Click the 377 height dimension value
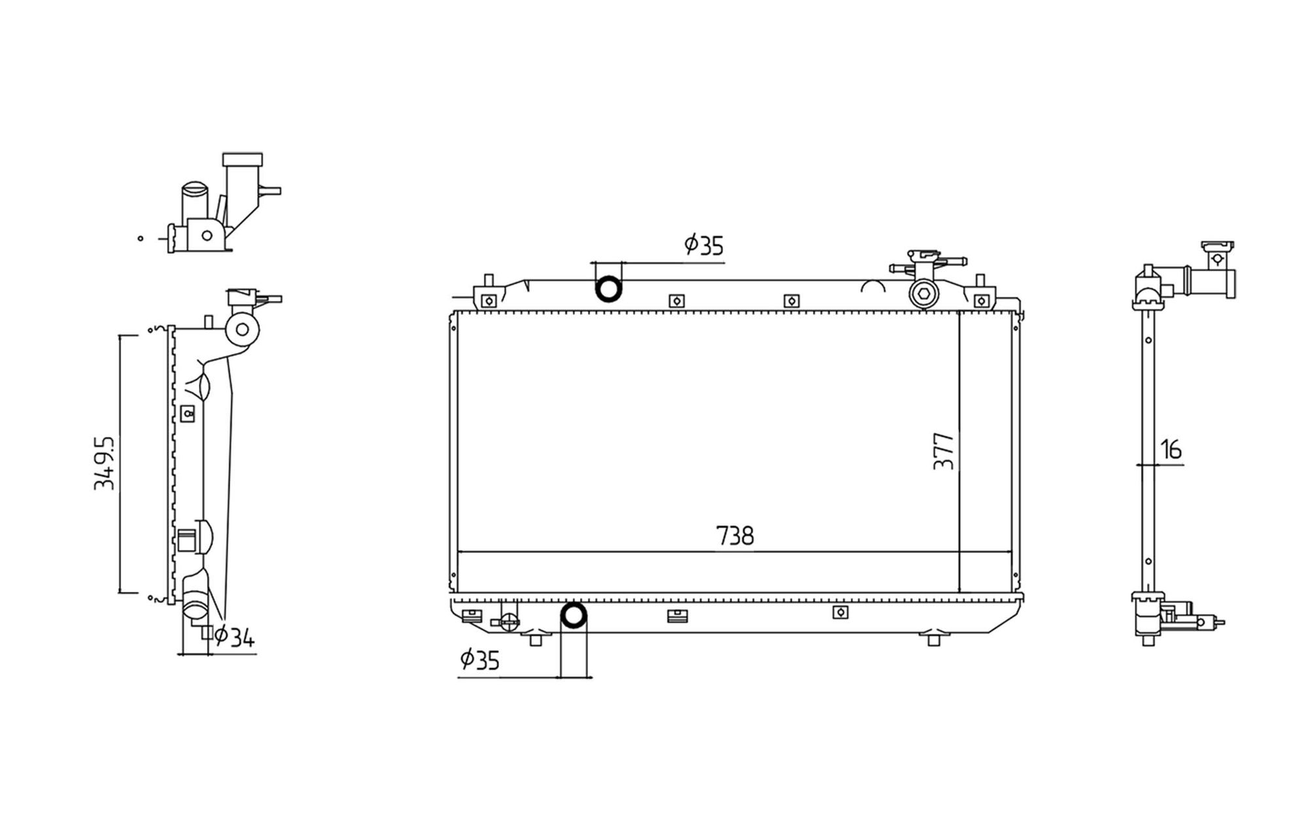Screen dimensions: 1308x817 [944, 451]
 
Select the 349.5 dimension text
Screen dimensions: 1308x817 [105, 463]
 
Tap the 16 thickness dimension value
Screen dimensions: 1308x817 [1171, 450]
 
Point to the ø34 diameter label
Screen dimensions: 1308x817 [233, 637]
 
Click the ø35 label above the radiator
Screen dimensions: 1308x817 [704, 245]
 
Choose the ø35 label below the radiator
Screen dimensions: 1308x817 [479, 660]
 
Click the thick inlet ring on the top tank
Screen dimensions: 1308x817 [608, 289]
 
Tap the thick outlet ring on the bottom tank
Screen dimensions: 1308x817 [574, 616]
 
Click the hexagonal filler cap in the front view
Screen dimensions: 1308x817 [923, 295]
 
